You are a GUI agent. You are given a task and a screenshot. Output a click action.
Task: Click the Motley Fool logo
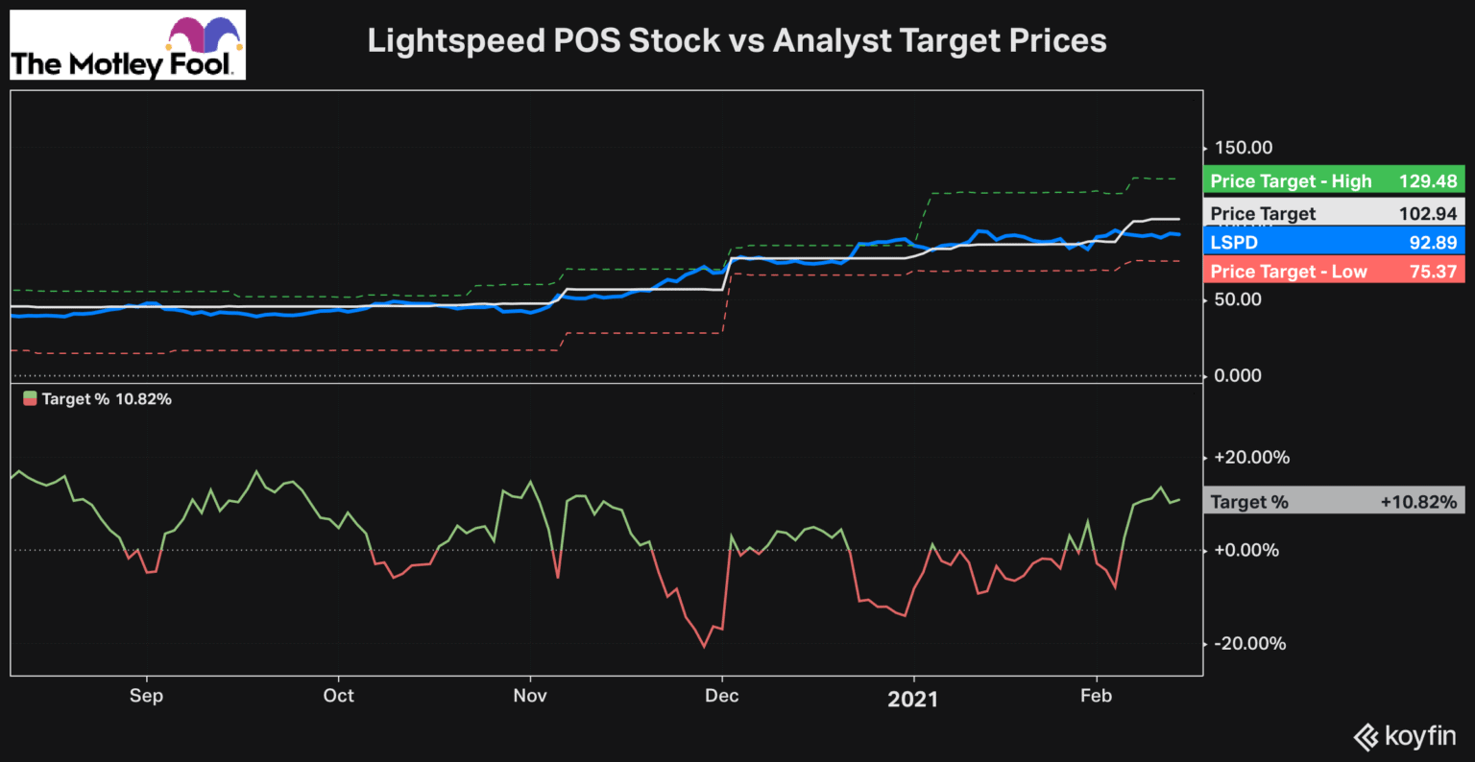(x=128, y=45)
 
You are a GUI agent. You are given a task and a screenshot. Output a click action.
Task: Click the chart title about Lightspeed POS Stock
(x=737, y=40)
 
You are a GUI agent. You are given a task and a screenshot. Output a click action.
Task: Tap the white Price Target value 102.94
(x=1428, y=214)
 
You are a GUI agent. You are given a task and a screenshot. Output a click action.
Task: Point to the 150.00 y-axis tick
(x=1244, y=148)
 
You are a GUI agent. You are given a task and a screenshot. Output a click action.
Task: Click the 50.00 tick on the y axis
(x=1238, y=299)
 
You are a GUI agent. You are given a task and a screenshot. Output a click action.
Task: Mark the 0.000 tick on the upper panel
(x=1238, y=375)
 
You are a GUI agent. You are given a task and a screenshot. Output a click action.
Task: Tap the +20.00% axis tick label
(x=1251, y=458)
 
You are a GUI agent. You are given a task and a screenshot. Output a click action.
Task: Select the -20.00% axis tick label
(x=1249, y=644)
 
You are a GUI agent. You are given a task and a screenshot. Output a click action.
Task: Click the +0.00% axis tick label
(x=1246, y=551)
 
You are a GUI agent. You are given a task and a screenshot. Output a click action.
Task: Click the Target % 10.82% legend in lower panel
(x=97, y=399)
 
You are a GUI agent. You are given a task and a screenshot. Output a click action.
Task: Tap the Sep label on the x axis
(x=146, y=696)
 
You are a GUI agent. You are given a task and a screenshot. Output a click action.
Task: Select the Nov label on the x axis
(x=530, y=696)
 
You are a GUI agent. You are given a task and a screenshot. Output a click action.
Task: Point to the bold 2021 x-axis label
(x=912, y=698)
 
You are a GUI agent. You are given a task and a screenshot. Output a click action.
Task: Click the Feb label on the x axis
(x=1096, y=696)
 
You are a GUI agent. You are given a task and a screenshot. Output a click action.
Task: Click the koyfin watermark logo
(x=1405, y=736)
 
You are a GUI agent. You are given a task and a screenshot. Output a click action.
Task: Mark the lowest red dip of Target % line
(x=704, y=646)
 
